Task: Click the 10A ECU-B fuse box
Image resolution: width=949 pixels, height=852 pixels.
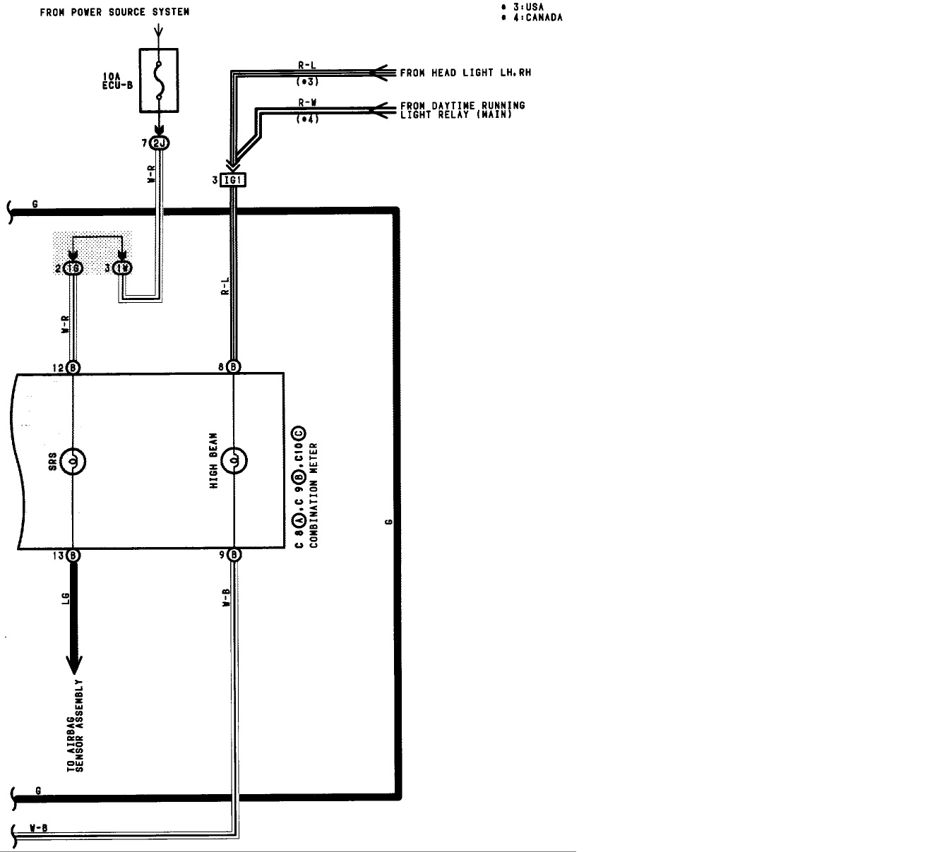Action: click(159, 80)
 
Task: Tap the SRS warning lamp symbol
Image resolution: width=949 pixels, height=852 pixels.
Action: click(73, 462)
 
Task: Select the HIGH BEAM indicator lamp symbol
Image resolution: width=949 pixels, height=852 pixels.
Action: click(234, 462)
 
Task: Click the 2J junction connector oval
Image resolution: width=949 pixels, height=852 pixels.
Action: click(160, 144)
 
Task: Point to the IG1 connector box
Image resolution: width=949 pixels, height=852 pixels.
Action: click(232, 180)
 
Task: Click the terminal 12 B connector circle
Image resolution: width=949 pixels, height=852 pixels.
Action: click(73, 367)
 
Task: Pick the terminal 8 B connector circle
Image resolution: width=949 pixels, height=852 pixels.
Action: click(234, 367)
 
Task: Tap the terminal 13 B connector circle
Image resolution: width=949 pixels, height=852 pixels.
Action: click(73, 555)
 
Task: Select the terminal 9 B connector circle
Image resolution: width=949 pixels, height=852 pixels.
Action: click(234, 555)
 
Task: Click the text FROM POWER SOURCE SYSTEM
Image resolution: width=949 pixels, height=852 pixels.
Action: click(114, 12)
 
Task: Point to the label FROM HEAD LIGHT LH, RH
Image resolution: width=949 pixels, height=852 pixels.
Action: click(465, 73)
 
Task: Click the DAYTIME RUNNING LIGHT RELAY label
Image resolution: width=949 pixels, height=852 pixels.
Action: click(462, 110)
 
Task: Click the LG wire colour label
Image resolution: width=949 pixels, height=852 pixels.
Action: click(65, 598)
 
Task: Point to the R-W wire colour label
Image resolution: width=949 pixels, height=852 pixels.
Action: click(307, 102)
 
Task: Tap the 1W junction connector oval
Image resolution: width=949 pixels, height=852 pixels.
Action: click(123, 268)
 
